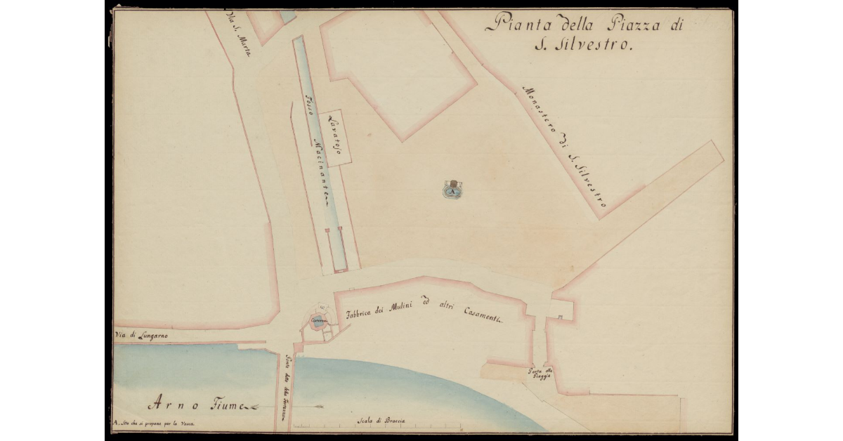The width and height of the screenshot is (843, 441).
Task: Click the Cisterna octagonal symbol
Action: pos(317,322)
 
